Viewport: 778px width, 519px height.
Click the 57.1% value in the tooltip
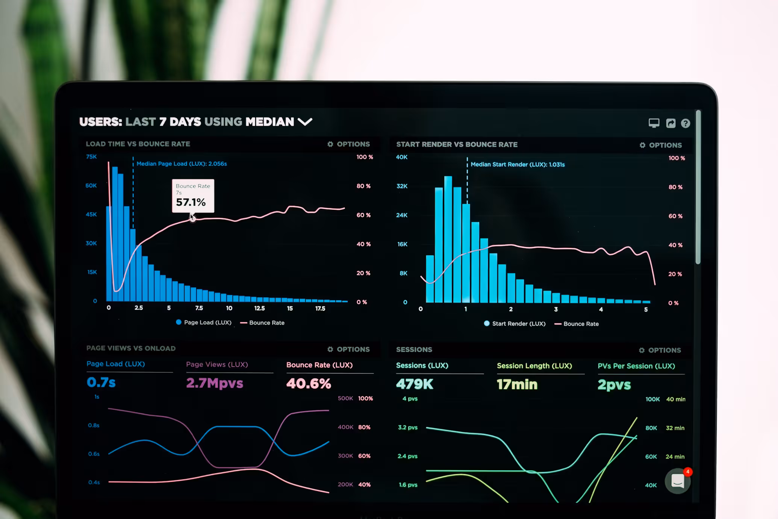point(191,202)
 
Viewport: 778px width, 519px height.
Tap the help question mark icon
point(685,123)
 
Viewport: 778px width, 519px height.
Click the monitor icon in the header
point(654,123)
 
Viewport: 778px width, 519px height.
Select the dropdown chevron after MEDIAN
point(305,121)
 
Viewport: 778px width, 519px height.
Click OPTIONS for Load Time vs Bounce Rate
point(349,144)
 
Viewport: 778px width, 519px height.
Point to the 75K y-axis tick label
point(91,156)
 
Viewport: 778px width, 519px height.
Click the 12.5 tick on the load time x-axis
point(259,308)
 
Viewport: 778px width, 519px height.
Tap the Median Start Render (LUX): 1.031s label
point(517,164)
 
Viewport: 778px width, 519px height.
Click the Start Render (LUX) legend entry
point(515,323)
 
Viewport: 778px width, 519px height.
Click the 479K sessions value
point(415,384)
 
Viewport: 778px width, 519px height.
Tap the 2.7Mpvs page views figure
point(215,383)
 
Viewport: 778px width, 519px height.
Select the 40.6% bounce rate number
point(309,383)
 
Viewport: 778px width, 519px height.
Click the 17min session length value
point(517,384)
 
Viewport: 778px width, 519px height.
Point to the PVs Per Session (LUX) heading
point(636,366)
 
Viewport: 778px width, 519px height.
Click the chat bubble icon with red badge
point(677,481)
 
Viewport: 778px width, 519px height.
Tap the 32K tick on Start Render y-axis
point(402,186)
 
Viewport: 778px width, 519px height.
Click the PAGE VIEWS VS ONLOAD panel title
point(131,348)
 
